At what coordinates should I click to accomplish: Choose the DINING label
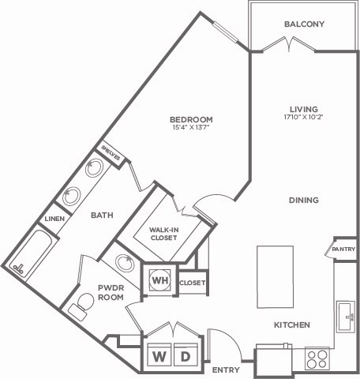coord(303,201)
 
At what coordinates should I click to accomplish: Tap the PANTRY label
coord(344,250)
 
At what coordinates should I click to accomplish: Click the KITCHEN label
coord(291,325)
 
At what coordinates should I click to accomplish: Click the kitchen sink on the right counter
coord(344,316)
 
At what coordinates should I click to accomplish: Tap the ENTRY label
coord(226,369)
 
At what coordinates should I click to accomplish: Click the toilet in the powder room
coord(82,303)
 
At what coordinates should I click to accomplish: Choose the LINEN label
coord(53,219)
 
